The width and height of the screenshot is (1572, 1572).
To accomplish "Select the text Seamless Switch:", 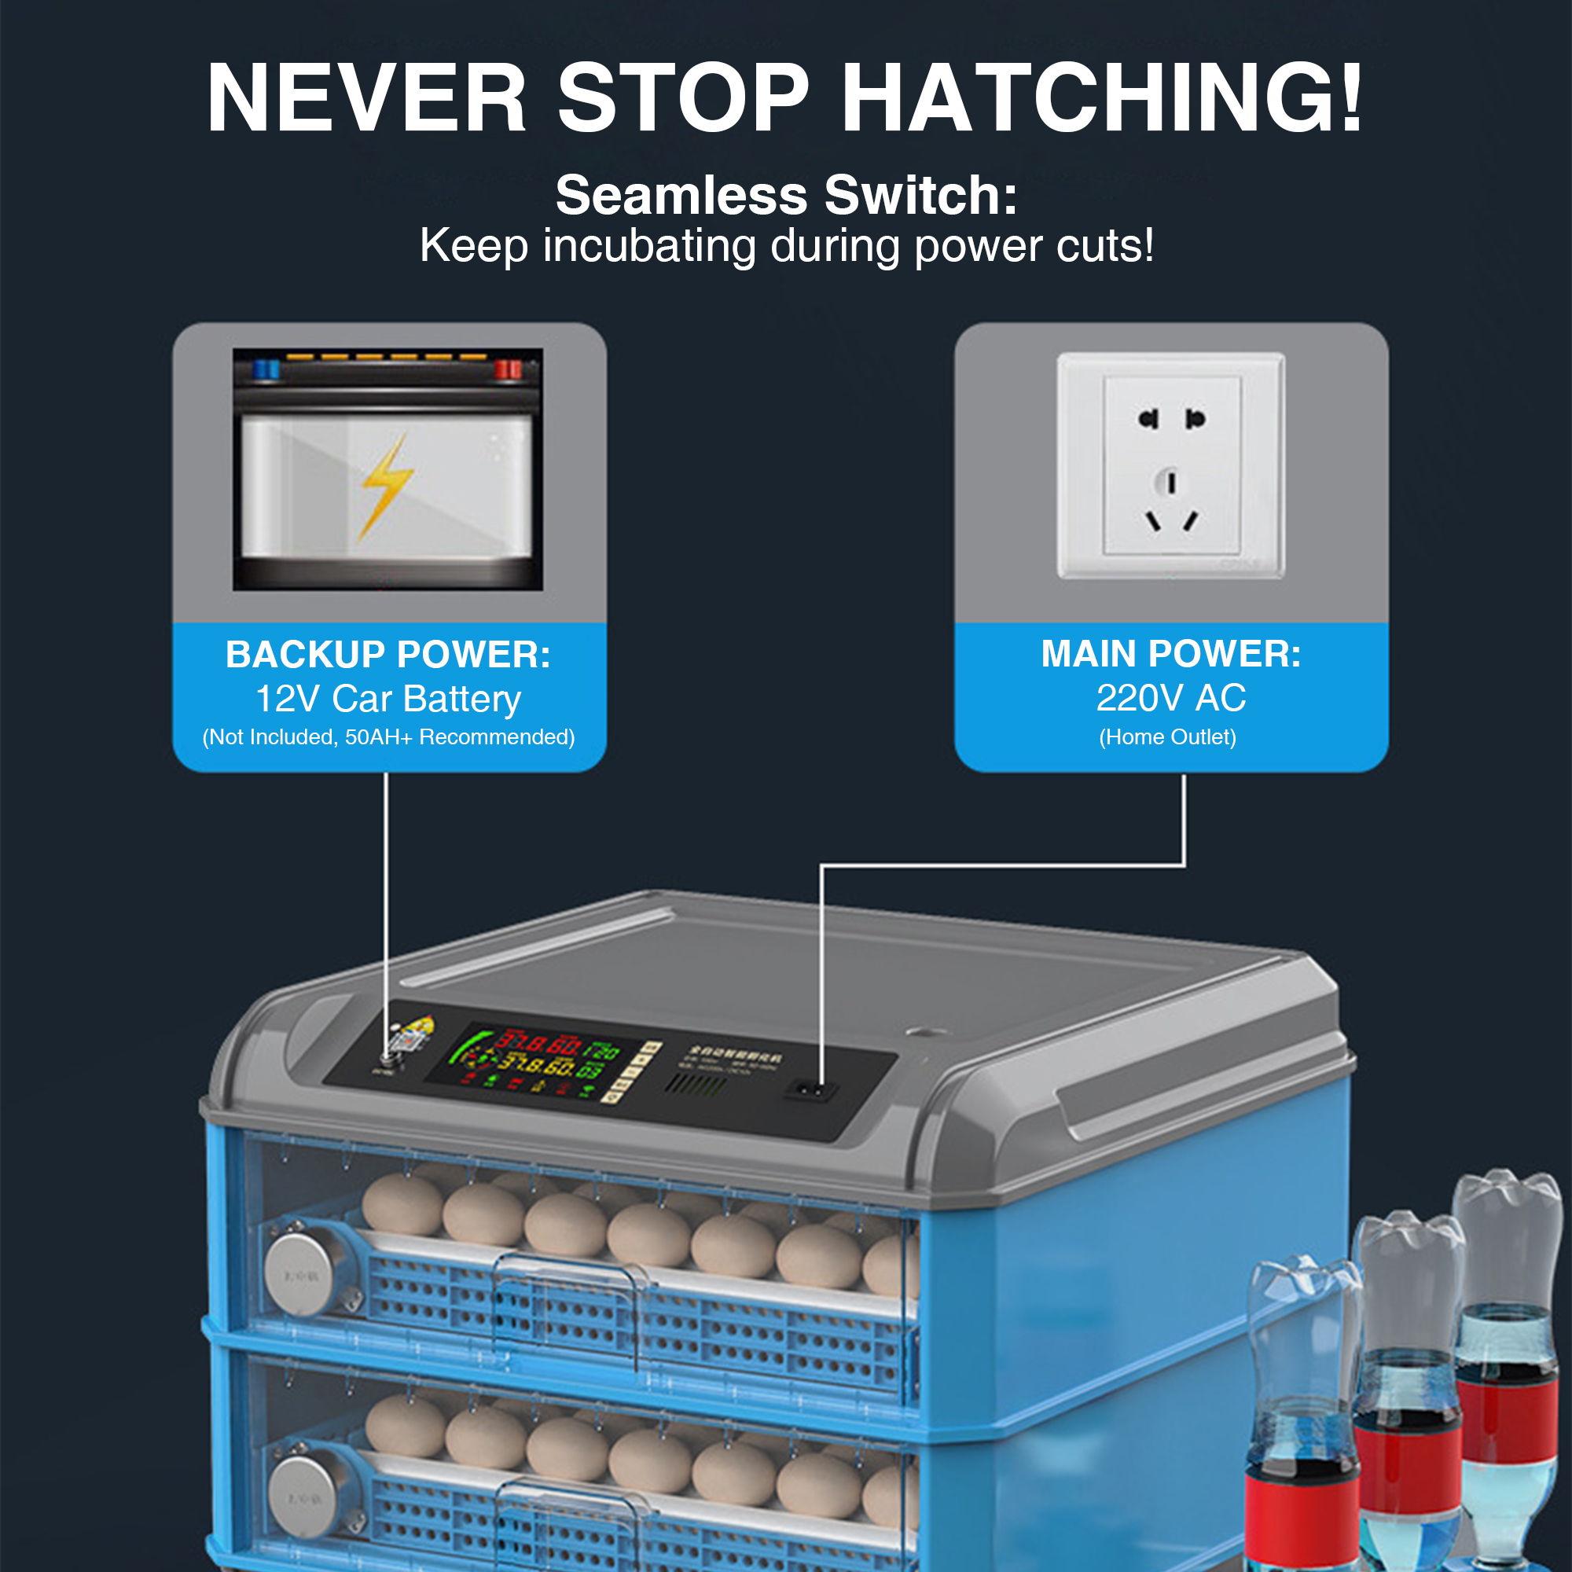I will click(x=786, y=195).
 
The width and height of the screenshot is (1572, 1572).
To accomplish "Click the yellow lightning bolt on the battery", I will click(x=387, y=487).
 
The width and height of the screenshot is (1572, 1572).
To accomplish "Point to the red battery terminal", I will click(x=508, y=369).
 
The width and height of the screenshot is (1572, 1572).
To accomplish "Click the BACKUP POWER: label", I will click(x=388, y=655).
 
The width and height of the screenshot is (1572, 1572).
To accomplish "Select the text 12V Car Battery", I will click(x=388, y=699).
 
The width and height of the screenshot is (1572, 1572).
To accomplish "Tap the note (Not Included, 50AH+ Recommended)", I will click(x=388, y=737).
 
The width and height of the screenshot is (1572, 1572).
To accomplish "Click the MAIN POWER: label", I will click(x=1171, y=654).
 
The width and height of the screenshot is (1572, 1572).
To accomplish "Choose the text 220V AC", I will click(x=1171, y=698).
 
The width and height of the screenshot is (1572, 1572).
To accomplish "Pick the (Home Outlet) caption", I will click(x=1168, y=737).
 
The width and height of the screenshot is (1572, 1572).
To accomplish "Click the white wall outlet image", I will click(x=1171, y=465).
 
